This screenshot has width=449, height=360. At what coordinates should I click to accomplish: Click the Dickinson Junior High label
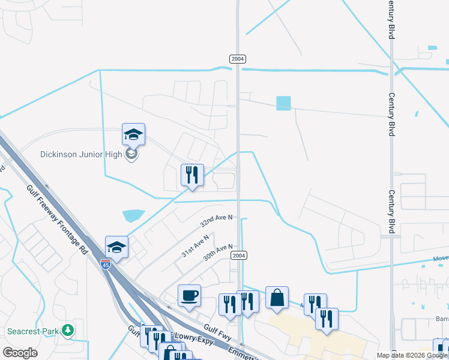80,154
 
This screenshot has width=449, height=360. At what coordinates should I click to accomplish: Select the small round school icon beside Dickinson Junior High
131,154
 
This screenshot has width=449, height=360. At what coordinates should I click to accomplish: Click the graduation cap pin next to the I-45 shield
117,247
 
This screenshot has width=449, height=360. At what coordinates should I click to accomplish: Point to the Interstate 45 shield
105,264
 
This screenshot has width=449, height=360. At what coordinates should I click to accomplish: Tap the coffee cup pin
189,295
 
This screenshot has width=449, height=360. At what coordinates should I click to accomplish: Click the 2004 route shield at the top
237,58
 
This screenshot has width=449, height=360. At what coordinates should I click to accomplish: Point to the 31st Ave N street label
196,245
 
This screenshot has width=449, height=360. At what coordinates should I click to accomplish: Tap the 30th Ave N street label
217,251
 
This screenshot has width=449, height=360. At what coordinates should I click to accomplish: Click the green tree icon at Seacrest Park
68,331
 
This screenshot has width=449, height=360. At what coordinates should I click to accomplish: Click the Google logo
20,353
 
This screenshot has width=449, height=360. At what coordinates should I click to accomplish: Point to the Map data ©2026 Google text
412,355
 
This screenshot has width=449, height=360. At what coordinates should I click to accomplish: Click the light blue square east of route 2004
283,104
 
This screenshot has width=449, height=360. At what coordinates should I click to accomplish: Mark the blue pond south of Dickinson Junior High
133,214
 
